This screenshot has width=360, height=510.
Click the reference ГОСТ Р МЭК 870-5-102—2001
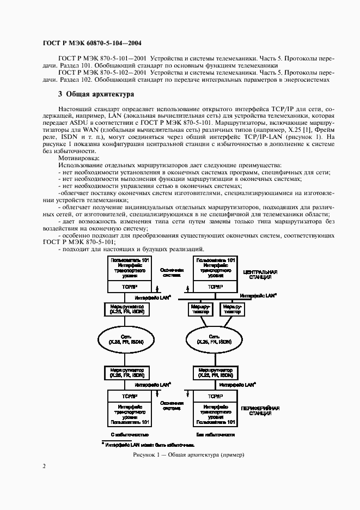(102, 72)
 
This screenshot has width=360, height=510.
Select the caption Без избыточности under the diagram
(216, 435)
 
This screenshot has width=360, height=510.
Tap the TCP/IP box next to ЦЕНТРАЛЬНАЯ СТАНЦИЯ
(215, 286)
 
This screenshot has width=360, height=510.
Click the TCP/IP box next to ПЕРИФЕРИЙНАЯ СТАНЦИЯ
(215, 396)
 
